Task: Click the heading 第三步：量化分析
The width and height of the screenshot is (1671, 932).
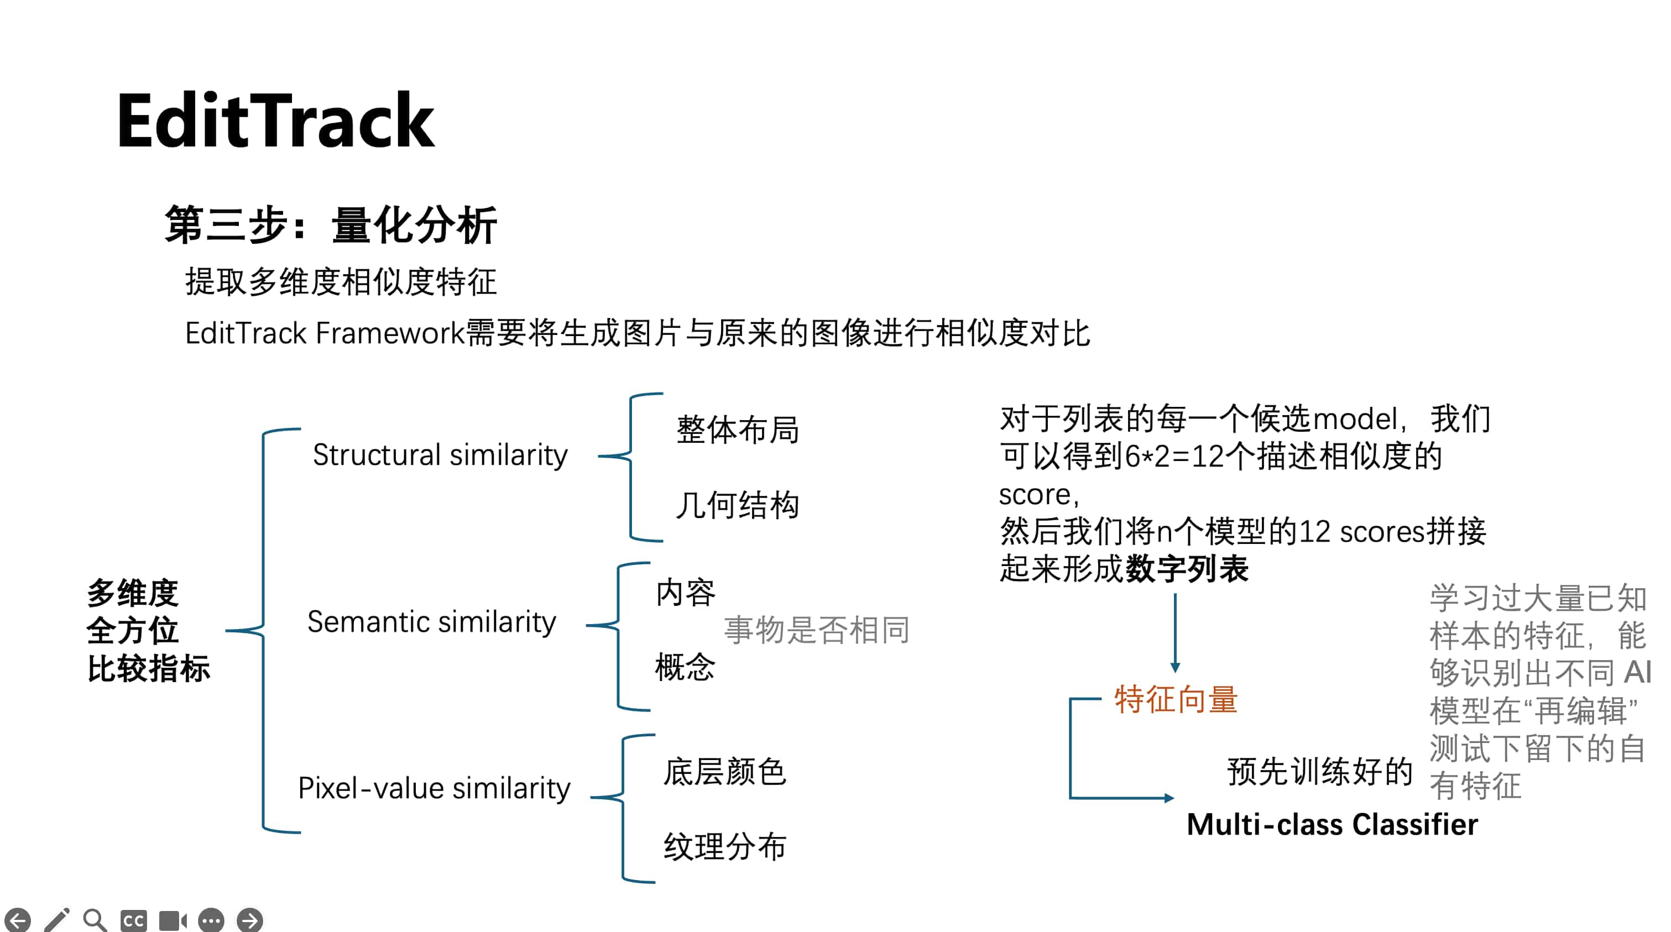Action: (330, 225)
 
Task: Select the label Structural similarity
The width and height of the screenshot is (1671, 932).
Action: (440, 454)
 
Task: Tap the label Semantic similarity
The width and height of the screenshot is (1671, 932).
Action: (431, 622)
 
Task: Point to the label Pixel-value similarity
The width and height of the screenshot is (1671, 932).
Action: (434, 788)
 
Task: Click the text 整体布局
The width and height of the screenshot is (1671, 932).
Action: (738, 430)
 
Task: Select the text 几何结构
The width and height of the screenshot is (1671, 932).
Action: (738, 505)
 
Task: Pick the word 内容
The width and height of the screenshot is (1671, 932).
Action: (685, 592)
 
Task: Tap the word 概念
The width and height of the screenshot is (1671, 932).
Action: (685, 667)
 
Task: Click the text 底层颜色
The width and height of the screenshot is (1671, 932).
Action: (724, 772)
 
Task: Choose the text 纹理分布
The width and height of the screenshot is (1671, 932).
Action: (724, 846)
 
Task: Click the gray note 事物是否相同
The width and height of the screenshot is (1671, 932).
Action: (817, 630)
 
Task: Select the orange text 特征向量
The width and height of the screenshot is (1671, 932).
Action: (1176, 700)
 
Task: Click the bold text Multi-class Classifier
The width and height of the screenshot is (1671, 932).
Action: (1331, 825)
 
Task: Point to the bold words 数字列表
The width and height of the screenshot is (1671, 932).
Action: (1187, 569)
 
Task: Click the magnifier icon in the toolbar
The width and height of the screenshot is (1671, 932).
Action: (95, 920)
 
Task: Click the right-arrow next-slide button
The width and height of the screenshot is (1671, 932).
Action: (250, 920)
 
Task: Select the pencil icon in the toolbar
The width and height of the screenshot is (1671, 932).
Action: (56, 920)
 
